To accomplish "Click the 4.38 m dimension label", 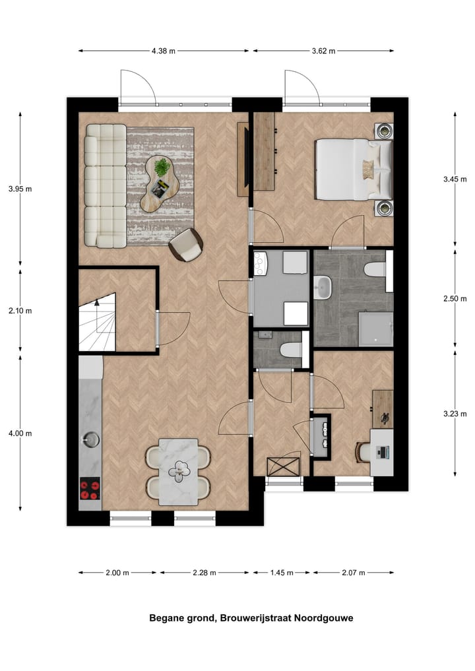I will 164,50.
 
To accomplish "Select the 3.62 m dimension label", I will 323,50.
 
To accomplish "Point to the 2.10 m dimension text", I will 20,310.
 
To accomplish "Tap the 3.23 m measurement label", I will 455,413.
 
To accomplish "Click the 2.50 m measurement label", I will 455,298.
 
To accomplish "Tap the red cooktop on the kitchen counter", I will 90,489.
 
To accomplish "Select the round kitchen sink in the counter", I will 90,437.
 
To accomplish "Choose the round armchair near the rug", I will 187,245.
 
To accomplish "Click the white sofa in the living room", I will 105,185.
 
